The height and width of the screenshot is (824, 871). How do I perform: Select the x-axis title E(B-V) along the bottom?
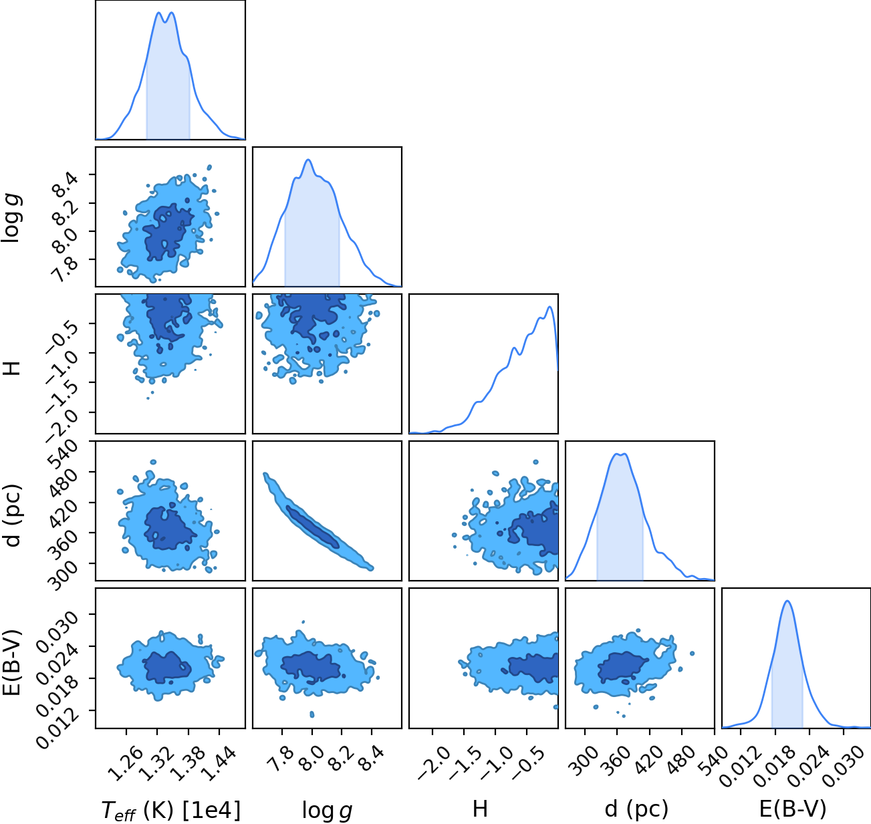pos(793,809)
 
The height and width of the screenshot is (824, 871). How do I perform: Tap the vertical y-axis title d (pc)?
pos(14,516)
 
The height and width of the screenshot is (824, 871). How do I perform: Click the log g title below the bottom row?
pos(327,810)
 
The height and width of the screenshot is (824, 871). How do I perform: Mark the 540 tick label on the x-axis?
pos(713,761)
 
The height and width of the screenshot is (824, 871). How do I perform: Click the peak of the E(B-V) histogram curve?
pos(787,601)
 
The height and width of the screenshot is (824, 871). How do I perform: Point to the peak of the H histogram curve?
pos(549,307)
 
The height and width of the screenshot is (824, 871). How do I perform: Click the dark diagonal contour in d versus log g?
pos(312,527)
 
